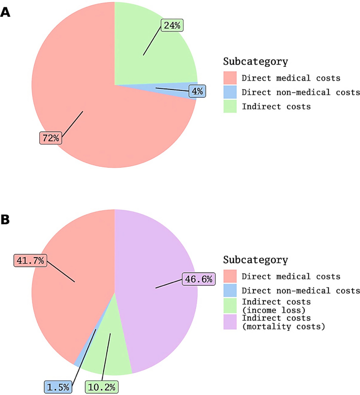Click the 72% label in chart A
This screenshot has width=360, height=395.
51,138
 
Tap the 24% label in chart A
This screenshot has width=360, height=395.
172,26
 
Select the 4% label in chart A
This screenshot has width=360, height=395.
197,91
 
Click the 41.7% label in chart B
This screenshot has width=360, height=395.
30,260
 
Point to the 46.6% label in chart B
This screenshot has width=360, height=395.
199,279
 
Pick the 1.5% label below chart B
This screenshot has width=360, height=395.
58,387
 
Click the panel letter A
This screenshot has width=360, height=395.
5,13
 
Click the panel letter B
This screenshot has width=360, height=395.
5,219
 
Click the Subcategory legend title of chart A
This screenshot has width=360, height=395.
255,62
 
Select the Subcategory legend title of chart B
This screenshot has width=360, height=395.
255,260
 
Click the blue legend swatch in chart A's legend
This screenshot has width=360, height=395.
230,93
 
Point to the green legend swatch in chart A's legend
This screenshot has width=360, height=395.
230,107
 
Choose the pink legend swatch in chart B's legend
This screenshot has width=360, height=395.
230,277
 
